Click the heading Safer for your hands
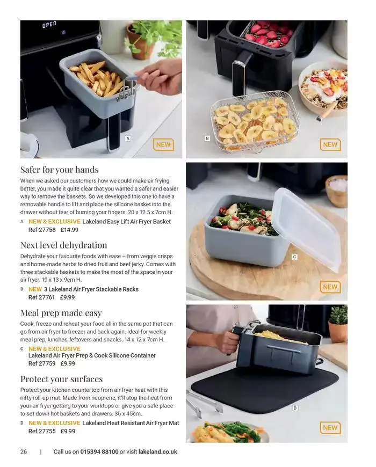point(59,170)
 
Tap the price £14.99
point(69,230)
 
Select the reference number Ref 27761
point(42,297)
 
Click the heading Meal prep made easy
point(61,313)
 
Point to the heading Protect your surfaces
point(61,379)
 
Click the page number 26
point(24,451)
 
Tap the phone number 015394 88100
point(99,451)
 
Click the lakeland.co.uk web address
point(158,451)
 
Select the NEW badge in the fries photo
point(164,145)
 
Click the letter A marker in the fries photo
point(128,138)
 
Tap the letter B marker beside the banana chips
point(207,138)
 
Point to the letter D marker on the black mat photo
point(295,408)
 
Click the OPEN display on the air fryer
point(49,25)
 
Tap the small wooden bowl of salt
point(337,191)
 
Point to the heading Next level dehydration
point(63,245)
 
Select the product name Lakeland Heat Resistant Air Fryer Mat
point(131,423)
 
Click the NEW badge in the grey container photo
point(330,287)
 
